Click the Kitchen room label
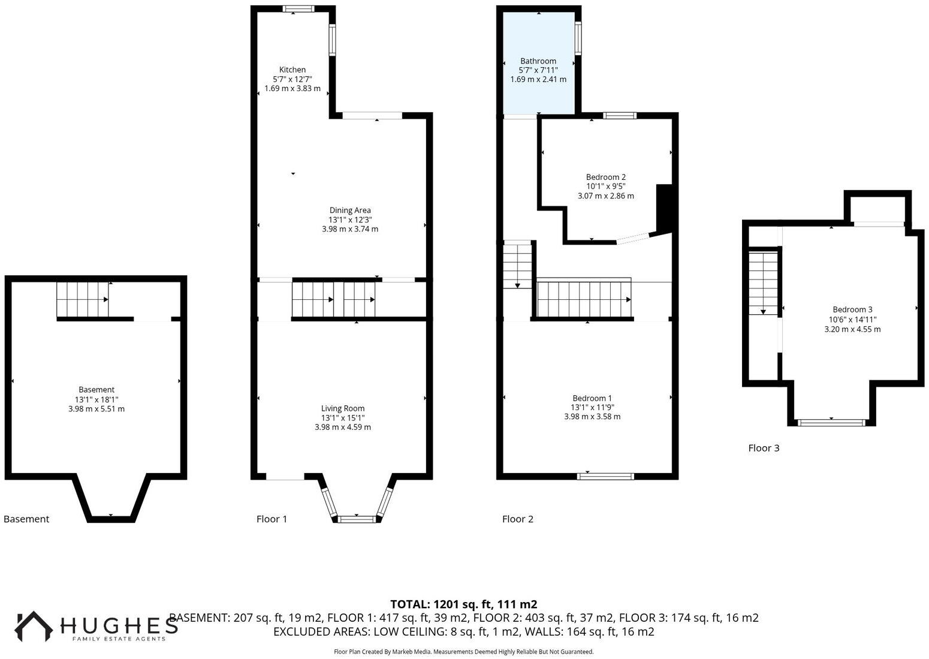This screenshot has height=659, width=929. point(292,70)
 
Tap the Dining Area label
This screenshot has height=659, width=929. point(350,210)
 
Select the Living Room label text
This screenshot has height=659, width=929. point(343,408)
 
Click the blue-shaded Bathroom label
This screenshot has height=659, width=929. point(538,61)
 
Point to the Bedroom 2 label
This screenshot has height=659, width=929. point(605,177)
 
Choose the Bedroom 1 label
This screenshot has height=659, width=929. point(592,398)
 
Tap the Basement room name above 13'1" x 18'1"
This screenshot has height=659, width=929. point(96,390)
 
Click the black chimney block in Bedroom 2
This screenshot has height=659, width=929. point(664,208)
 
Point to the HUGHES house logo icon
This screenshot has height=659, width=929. point(34,626)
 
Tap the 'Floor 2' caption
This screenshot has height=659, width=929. point(517,519)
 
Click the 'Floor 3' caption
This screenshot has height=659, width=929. point(764,448)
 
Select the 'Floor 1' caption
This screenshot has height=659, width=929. point(272,519)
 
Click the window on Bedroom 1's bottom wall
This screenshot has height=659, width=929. point(605,477)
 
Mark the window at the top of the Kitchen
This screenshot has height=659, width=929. point(298,9)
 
